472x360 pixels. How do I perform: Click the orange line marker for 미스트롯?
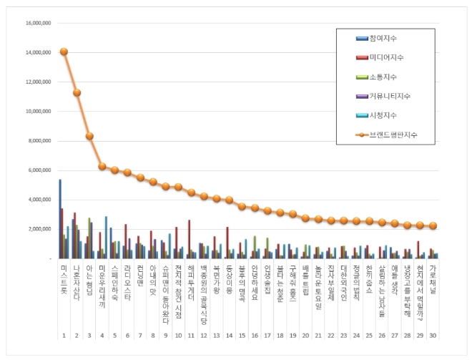click(x=64, y=52)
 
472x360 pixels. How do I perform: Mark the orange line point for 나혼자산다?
click(x=77, y=92)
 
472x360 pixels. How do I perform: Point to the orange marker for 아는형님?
click(x=89, y=136)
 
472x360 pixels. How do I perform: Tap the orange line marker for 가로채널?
click(x=433, y=225)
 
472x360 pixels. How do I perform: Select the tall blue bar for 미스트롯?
click(x=60, y=218)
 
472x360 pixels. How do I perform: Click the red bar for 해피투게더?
click(x=190, y=239)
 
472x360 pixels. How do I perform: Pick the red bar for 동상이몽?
click(x=227, y=243)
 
